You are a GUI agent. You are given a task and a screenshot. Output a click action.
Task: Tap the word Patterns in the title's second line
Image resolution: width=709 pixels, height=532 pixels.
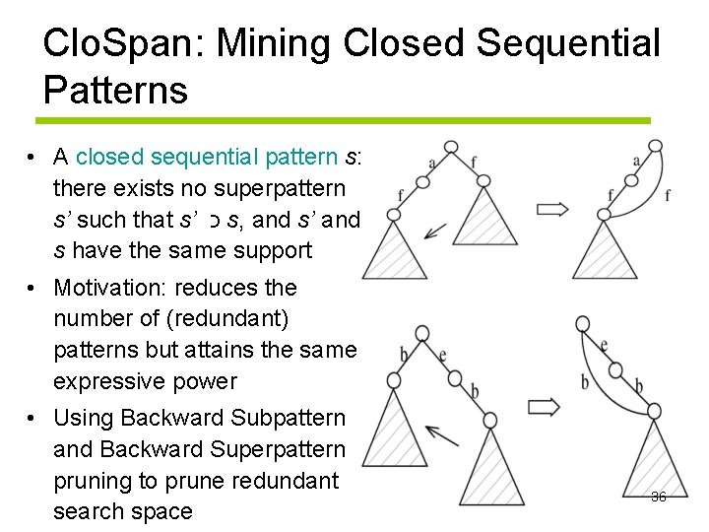115,90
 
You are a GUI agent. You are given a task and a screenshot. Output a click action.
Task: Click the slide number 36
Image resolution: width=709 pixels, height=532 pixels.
659,497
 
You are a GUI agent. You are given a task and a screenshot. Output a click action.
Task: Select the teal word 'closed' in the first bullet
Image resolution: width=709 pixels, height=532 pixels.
109,157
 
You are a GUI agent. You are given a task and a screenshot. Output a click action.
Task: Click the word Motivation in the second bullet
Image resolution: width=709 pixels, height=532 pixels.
110,288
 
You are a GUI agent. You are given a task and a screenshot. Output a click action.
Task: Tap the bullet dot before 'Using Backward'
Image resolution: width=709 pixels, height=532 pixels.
32,418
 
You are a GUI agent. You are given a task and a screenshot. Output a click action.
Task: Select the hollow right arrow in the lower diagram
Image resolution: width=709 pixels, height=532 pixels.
545,406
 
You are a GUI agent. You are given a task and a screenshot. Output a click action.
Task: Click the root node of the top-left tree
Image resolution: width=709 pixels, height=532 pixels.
451,148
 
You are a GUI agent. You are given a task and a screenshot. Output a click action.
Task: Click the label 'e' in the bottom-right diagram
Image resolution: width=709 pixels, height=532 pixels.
603,345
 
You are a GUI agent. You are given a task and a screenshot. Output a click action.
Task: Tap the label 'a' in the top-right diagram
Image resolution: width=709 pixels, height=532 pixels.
636,161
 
